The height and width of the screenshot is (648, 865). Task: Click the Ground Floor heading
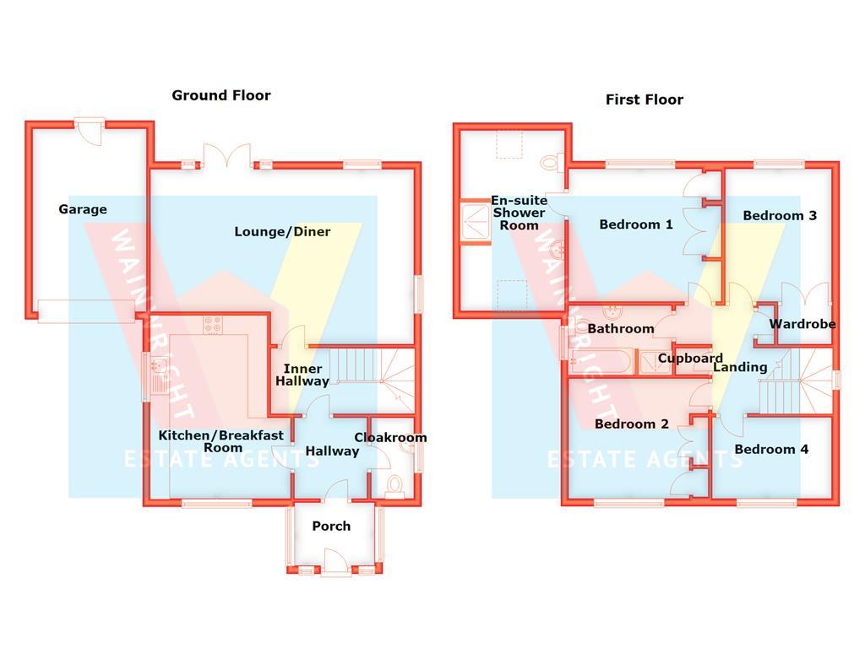pyautogui.click(x=221, y=95)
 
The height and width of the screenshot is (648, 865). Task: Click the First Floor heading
pyautogui.click(x=644, y=100)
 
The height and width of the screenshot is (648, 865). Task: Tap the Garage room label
pyautogui.click(x=83, y=209)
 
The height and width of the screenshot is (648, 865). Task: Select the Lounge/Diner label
pyautogui.click(x=282, y=231)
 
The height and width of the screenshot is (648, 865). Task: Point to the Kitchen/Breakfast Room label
pyautogui.click(x=222, y=441)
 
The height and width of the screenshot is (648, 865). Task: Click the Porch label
pyautogui.click(x=331, y=526)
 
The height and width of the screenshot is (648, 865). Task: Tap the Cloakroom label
pyautogui.click(x=390, y=437)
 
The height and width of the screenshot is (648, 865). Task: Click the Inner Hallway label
pyautogui.click(x=302, y=375)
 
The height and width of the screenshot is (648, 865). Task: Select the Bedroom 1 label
pyautogui.click(x=636, y=224)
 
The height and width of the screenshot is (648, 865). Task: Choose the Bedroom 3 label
pyautogui.click(x=780, y=215)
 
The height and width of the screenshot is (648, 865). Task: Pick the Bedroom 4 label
pyautogui.click(x=771, y=449)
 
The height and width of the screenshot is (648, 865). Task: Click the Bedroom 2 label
pyautogui.click(x=632, y=424)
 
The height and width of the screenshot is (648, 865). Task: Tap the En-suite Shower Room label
pyautogui.click(x=519, y=213)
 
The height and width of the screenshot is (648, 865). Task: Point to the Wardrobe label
pyautogui.click(x=802, y=324)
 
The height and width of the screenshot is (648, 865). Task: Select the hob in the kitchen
pyautogui.click(x=211, y=323)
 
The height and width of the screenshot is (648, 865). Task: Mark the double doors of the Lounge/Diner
pyautogui.click(x=227, y=159)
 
